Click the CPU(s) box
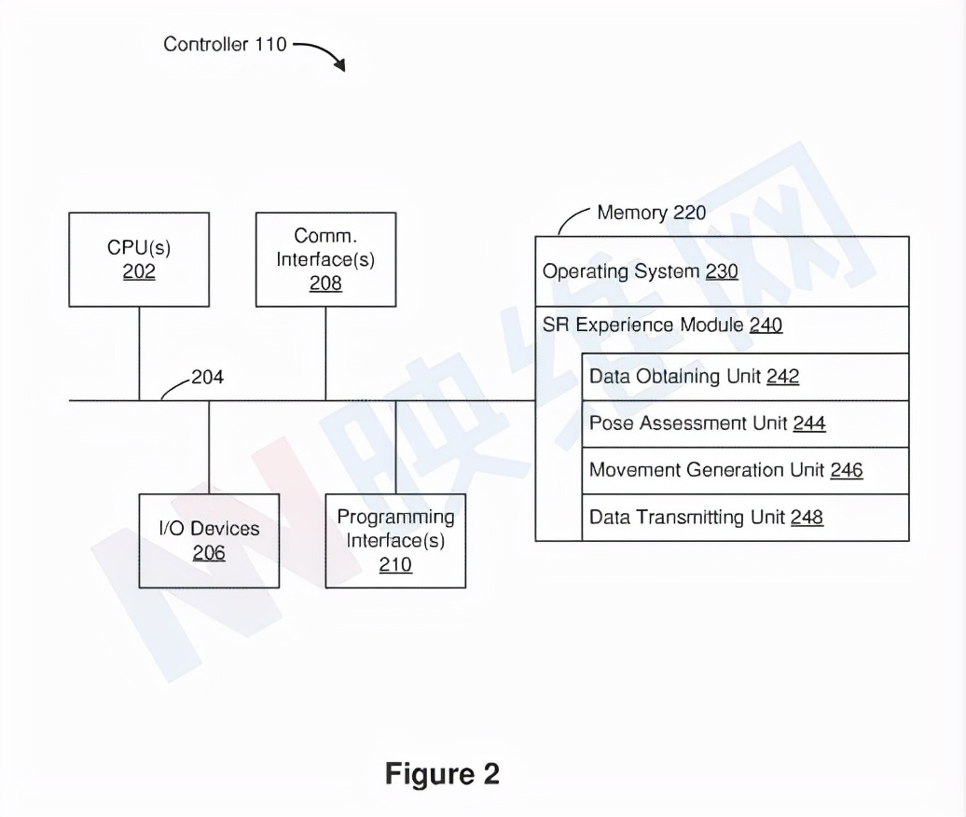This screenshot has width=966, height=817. [x=139, y=259]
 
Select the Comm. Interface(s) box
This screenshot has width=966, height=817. [x=325, y=259]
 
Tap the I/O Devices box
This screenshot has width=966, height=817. [x=209, y=541]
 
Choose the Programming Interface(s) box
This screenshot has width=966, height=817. [x=395, y=541]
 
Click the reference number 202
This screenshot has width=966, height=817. [x=139, y=272]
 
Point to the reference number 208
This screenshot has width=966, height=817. [x=325, y=284]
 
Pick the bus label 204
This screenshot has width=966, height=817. [x=207, y=378]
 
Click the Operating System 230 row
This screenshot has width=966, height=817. [x=722, y=271]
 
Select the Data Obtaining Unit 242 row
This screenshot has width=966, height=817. [x=745, y=377]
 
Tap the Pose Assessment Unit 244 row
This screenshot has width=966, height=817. [x=745, y=423]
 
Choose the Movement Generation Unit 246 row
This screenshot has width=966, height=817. [x=745, y=470]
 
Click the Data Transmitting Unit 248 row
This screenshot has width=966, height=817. [x=745, y=517]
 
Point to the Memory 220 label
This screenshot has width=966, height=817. [x=651, y=213]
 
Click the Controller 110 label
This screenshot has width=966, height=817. [x=225, y=44]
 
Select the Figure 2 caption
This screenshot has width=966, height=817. [x=442, y=773]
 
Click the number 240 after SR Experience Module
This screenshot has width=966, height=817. [x=766, y=325]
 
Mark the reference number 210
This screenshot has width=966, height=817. [x=395, y=565]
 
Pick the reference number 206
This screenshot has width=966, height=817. [x=209, y=553]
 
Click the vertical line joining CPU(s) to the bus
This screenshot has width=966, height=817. [x=139, y=353]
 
